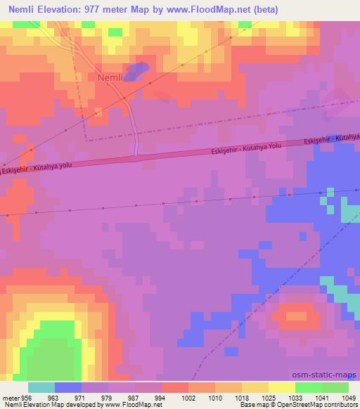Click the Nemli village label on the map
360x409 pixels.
point(110,78)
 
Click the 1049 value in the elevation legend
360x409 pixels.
point(338,397)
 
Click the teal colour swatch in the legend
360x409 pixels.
point(41,387)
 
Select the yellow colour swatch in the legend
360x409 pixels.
point(281,387)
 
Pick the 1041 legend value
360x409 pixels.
point(311,397)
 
